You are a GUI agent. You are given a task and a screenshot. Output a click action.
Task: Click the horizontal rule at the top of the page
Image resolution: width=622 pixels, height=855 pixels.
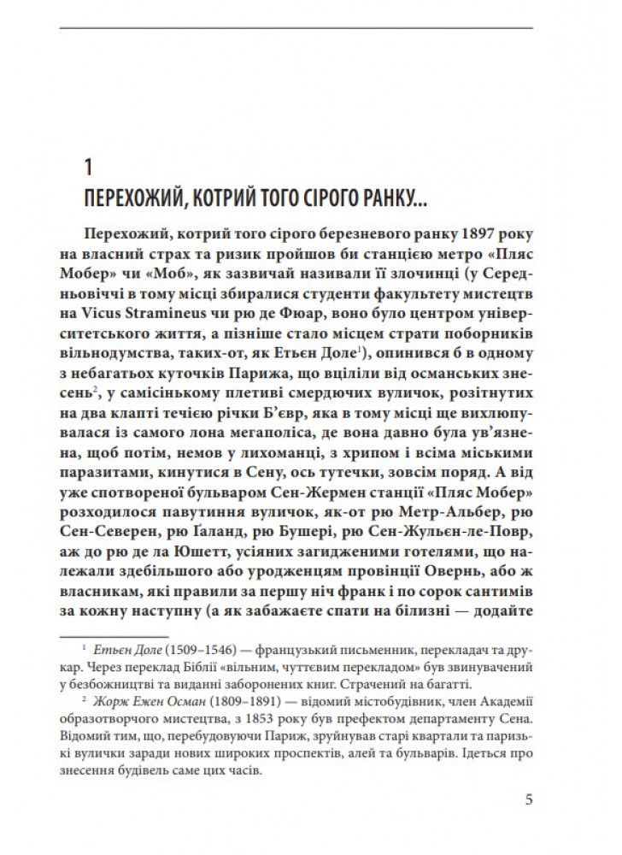point(310,30)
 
